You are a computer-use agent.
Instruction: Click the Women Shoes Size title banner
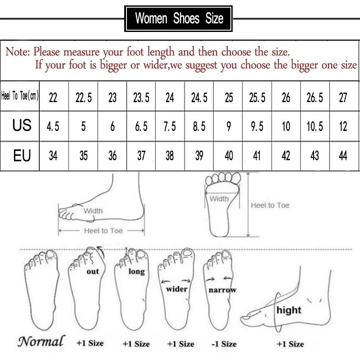pos(179,18)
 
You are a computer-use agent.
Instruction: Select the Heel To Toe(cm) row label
pos(20,97)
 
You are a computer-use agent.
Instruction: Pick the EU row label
pos(22,156)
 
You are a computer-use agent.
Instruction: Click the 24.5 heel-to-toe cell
pos(199,98)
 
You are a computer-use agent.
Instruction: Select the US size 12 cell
pos(343,126)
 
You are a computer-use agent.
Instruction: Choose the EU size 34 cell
pos(53,156)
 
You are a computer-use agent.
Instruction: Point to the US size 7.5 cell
pos(170,126)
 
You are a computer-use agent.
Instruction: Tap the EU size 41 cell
pos(257,156)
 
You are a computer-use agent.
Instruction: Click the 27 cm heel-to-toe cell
pos(343,98)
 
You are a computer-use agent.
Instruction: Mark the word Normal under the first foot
pos(41,341)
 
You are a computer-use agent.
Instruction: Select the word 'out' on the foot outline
pos(93,271)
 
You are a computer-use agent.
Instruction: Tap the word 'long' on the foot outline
pos(136,272)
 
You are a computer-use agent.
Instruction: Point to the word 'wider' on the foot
pos(177,289)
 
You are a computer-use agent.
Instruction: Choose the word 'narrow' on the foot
pos(222,290)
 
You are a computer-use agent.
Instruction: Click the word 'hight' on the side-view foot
pos(289,310)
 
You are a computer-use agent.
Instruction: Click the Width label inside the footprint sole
pos(220,198)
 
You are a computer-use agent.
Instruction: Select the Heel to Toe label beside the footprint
pos(270,205)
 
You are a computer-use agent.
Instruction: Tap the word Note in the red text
pos(17,51)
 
